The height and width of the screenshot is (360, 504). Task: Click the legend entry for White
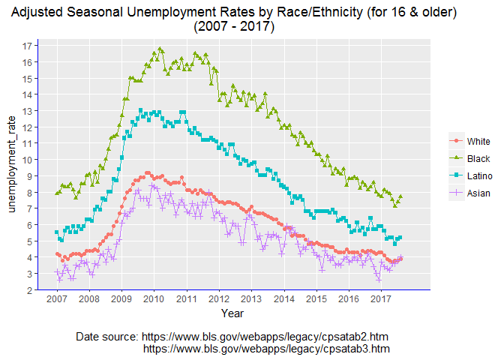point(469,141)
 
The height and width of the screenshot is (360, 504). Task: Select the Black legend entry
point(469,158)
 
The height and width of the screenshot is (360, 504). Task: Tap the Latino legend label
point(479,175)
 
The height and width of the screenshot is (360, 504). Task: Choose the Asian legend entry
point(469,193)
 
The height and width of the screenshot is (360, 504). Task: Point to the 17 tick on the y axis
point(27,46)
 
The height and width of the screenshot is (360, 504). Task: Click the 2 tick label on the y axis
point(30,290)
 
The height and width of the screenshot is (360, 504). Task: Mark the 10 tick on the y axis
point(27,160)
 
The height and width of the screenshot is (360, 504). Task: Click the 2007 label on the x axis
point(57,299)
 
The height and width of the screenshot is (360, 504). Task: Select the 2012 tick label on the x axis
point(219,299)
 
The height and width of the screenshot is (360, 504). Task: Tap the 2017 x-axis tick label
point(381,299)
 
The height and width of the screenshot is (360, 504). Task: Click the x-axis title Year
point(232,313)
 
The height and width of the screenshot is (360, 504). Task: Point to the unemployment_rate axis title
point(11,164)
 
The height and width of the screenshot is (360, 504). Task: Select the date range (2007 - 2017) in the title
point(234,26)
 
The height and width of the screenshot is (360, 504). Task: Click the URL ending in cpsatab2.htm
point(265,337)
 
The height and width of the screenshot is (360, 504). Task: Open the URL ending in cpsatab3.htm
point(266,349)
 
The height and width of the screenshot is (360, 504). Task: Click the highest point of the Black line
point(160,49)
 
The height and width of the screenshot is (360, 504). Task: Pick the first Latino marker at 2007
point(56,232)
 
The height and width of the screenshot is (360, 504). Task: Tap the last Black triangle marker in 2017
point(400,196)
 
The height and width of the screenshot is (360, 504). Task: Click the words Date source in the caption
point(107,337)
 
